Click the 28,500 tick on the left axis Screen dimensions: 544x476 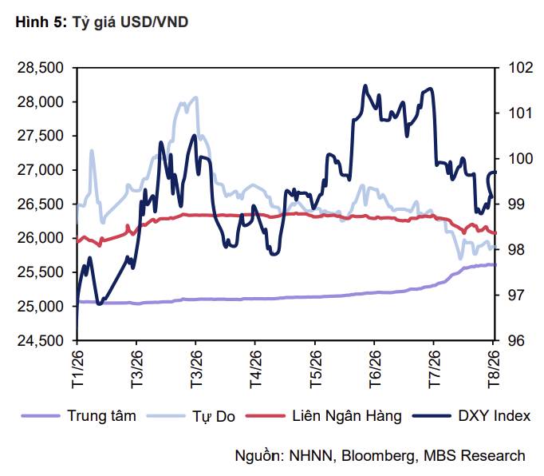[x=40, y=68]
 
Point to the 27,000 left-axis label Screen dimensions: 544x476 [x=40, y=170]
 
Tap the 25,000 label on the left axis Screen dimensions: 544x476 [x=40, y=307]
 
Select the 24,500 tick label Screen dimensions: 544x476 [x=40, y=340]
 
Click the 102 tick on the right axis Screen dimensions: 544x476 [x=520, y=67]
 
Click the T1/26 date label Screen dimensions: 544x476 [x=77, y=368]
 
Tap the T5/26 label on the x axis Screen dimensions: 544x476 [x=315, y=368]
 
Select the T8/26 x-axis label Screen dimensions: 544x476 [x=493, y=368]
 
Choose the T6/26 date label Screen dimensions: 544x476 [x=375, y=368]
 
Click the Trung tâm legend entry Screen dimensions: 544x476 [x=79, y=416]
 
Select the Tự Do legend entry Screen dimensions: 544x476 [x=191, y=416]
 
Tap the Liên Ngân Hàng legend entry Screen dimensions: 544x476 [x=323, y=416]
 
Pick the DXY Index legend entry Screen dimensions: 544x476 [x=471, y=416]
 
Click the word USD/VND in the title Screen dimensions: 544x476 [x=154, y=22]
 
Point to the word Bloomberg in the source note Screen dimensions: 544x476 [x=378, y=455]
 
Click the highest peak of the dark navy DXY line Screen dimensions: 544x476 [x=365, y=85]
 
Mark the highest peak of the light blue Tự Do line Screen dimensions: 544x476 [x=196, y=97]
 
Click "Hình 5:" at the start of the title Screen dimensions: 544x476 [x=41, y=22]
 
